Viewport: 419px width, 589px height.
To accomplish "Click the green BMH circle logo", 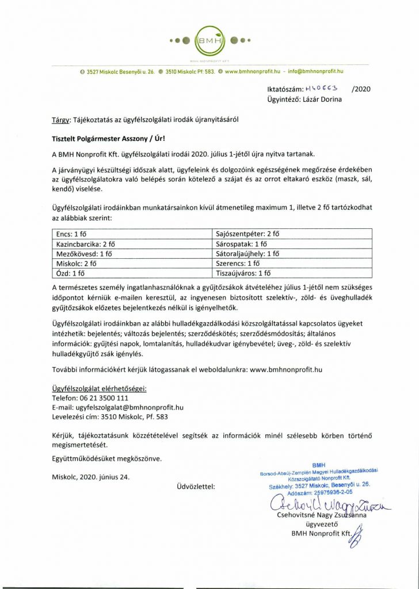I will tap(209, 41).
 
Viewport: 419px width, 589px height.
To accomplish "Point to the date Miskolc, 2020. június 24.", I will tap(90, 477).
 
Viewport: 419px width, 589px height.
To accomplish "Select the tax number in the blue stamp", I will tap(333, 493).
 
